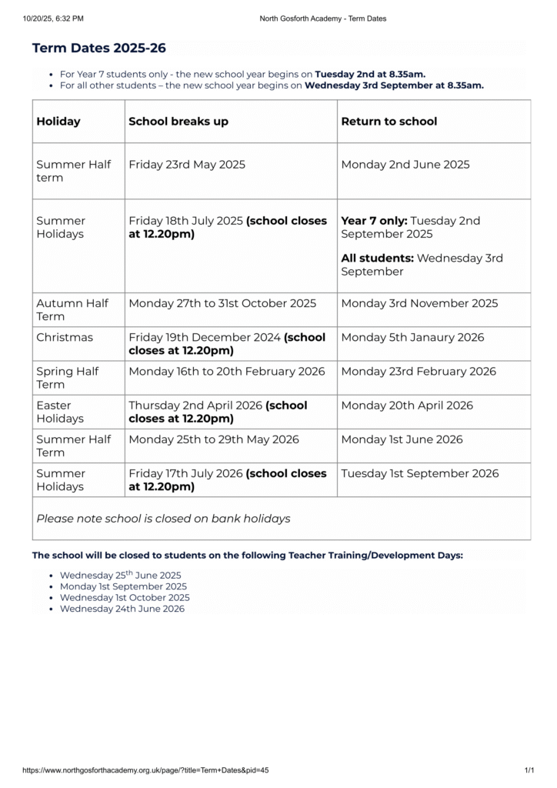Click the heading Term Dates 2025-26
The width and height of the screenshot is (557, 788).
click(x=98, y=48)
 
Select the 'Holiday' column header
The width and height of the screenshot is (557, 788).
click(x=58, y=122)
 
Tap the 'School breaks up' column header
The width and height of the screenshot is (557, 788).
click(x=178, y=122)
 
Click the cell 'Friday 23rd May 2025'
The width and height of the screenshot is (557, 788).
click(x=187, y=165)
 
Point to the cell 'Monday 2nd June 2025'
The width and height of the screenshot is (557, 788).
click(x=405, y=165)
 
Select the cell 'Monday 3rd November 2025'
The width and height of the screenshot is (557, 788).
click(x=419, y=303)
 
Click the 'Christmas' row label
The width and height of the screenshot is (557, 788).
click(x=65, y=337)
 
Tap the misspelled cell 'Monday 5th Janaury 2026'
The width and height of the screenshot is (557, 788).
click(x=413, y=337)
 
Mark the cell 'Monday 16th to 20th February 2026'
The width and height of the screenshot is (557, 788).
click(x=227, y=371)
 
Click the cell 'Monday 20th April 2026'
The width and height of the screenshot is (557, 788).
click(x=405, y=405)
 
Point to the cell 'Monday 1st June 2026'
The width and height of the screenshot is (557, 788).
click(x=402, y=439)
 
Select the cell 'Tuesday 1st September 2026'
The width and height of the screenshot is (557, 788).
click(x=419, y=473)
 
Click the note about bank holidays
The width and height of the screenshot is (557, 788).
click(x=163, y=519)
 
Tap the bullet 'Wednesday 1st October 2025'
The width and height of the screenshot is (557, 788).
click(x=125, y=597)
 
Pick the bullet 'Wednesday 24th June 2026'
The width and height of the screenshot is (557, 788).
click(x=122, y=609)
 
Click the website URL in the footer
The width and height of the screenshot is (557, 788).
click(x=145, y=770)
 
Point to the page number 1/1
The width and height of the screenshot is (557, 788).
click(x=529, y=770)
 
